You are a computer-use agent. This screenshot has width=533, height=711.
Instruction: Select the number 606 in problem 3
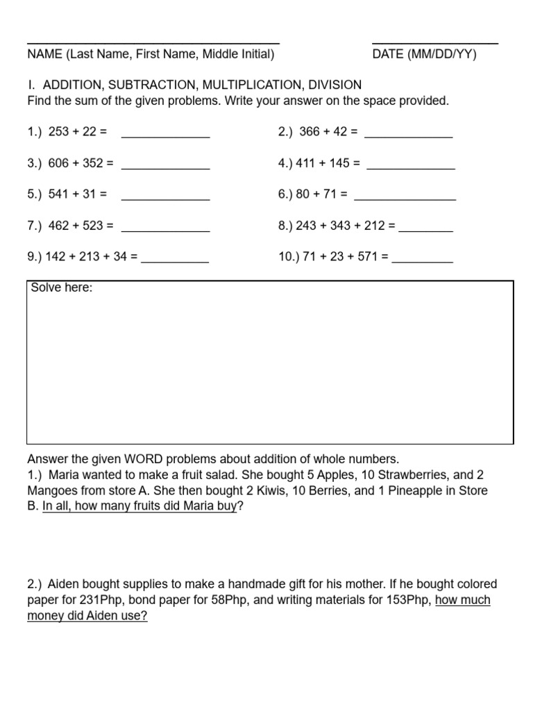59,163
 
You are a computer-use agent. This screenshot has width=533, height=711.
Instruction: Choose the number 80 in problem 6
303,194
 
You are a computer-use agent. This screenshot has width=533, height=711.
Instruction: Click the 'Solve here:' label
62,287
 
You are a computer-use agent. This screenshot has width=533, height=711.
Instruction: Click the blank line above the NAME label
153,43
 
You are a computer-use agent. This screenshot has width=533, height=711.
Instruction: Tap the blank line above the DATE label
435,43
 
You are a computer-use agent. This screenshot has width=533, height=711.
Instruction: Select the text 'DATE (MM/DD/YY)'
424,55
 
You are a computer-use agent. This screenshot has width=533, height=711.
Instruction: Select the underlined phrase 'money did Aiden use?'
87,616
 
